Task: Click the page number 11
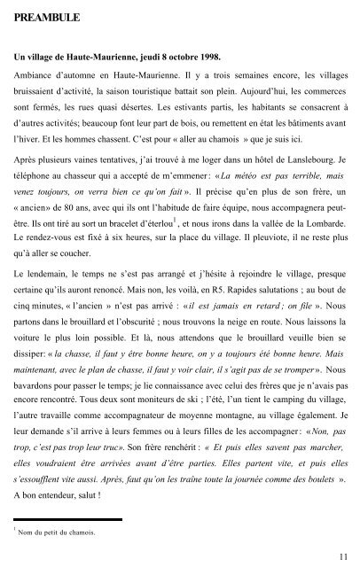[x=341, y=555]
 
